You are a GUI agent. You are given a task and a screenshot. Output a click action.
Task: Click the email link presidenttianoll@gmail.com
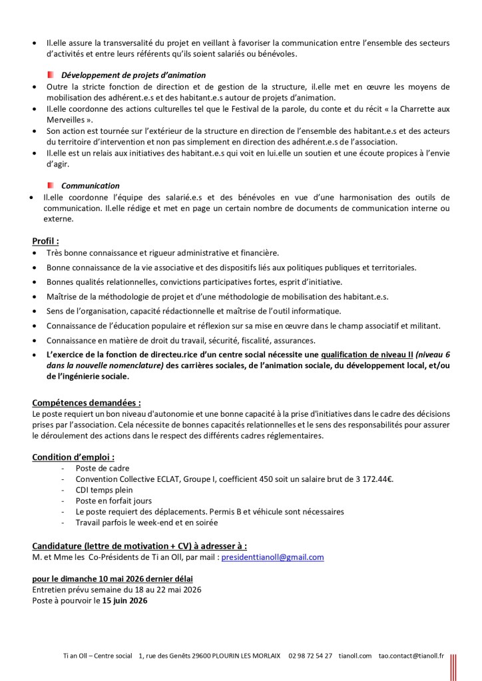click(x=272, y=557)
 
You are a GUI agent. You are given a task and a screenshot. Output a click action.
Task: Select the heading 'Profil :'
click(x=45, y=240)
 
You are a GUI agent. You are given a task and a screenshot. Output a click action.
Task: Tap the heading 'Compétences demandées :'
click(x=86, y=403)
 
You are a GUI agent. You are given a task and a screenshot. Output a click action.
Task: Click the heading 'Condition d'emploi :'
click(x=73, y=457)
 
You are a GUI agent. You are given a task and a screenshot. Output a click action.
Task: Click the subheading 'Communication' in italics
click(x=91, y=186)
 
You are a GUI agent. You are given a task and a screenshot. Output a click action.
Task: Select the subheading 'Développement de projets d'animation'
click(x=133, y=75)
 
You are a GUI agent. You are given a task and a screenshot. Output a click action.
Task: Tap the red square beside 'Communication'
click(x=51, y=185)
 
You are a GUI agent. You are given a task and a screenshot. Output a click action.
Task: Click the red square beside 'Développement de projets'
click(x=51, y=75)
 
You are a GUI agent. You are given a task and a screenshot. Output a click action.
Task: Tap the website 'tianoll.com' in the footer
click(x=354, y=656)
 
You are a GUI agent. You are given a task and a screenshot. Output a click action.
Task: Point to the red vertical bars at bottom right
click(x=453, y=666)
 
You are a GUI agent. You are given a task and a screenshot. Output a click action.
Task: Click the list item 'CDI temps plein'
click(x=104, y=490)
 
